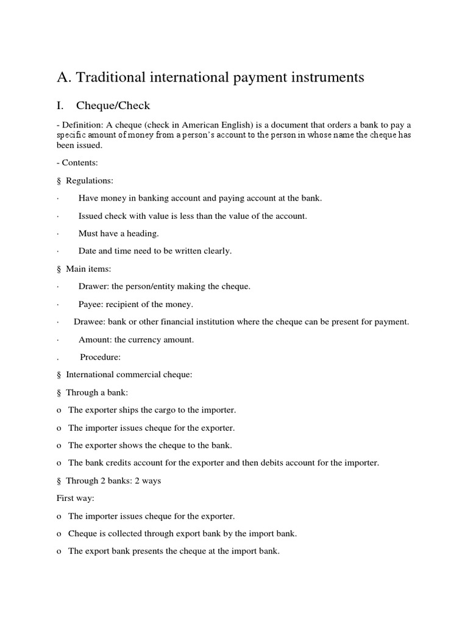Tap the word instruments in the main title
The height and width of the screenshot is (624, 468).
pyautogui.click(x=321, y=77)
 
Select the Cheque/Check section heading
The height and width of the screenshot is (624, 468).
pyautogui.click(x=113, y=106)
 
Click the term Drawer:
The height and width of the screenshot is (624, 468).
pyautogui.click(x=93, y=286)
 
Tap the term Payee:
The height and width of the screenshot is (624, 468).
pyautogui.click(x=91, y=303)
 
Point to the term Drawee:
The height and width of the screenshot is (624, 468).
pyautogui.click(x=90, y=321)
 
